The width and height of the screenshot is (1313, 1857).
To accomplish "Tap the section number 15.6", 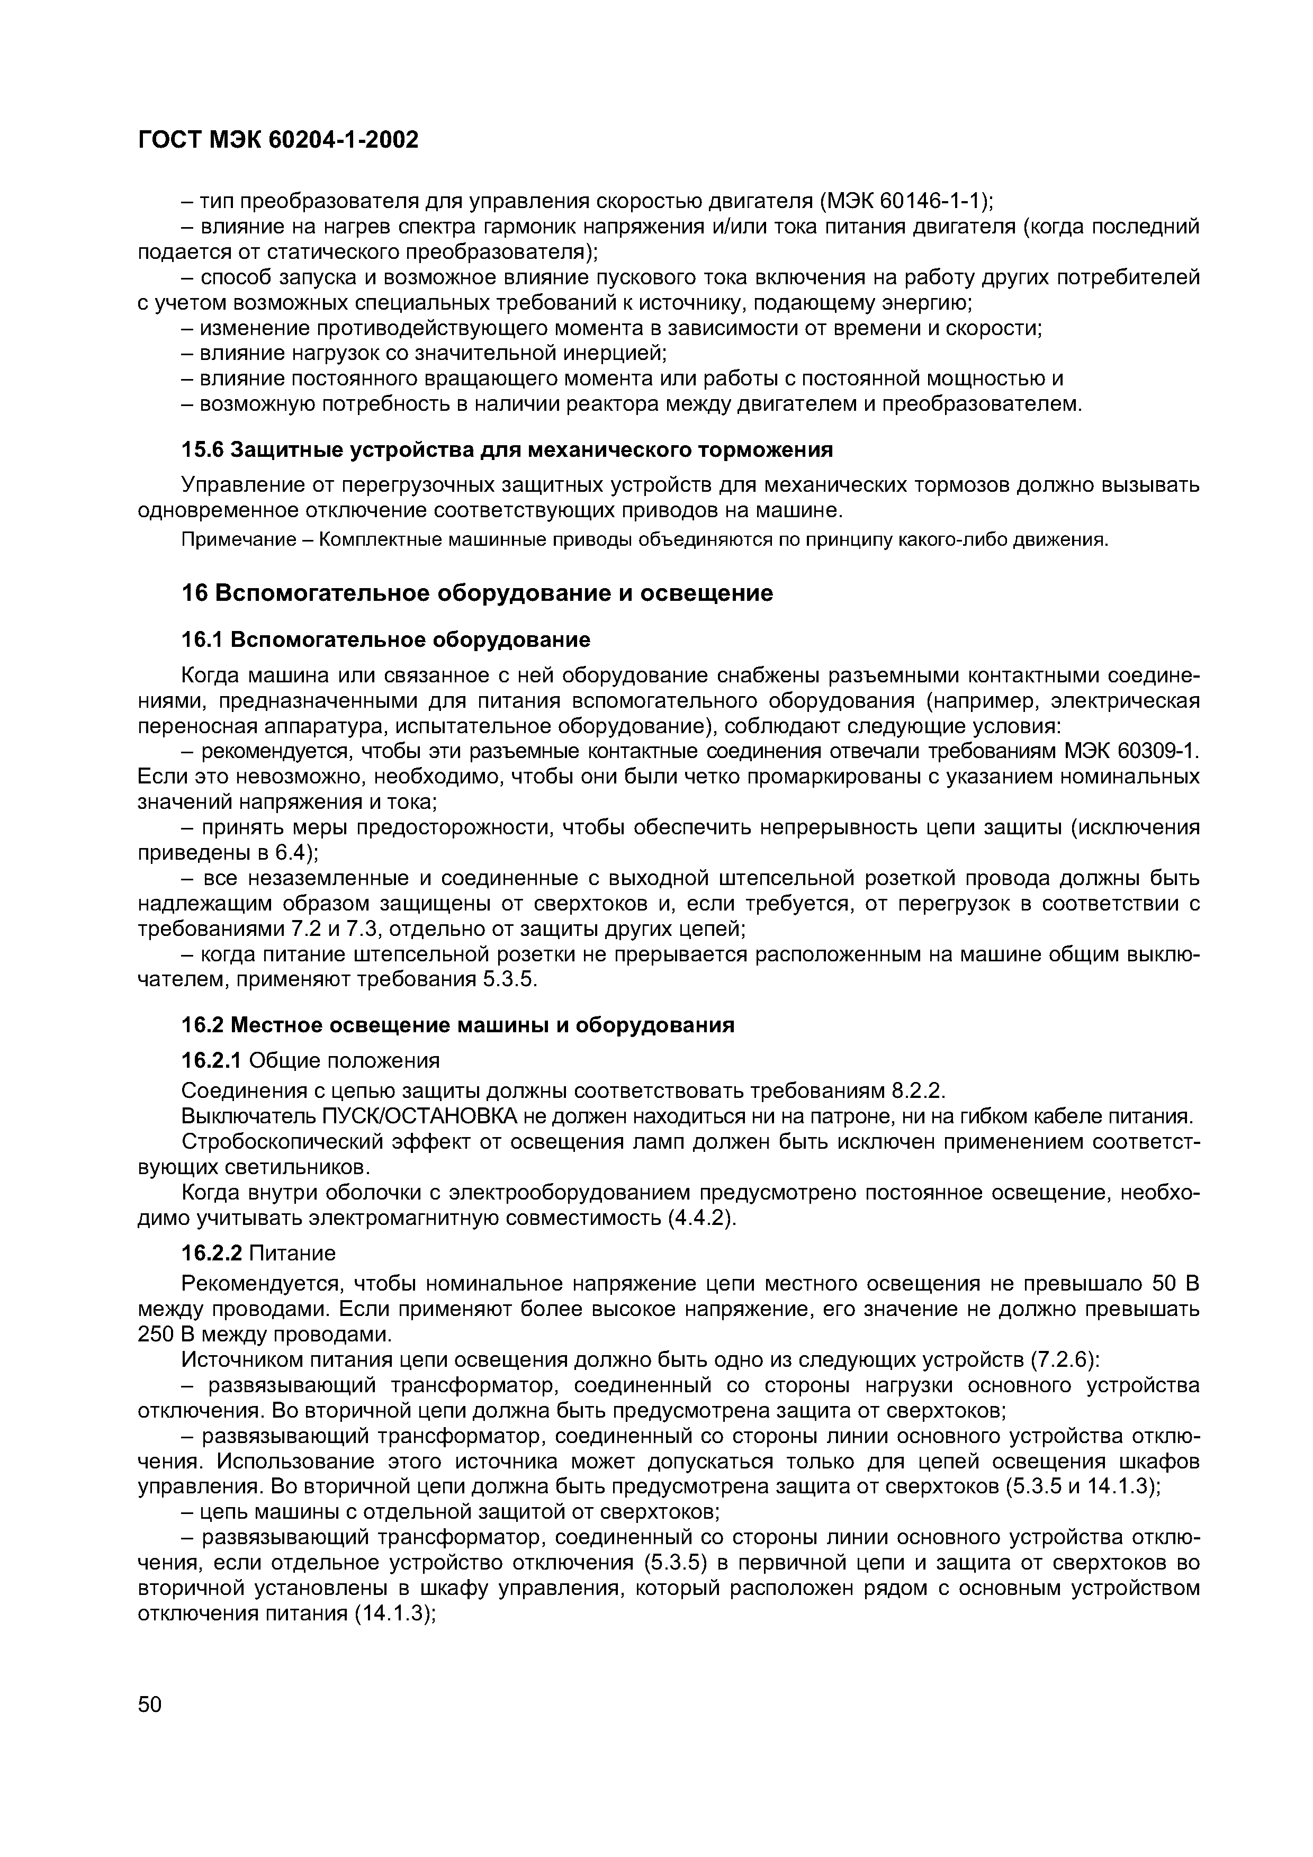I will click(x=201, y=449).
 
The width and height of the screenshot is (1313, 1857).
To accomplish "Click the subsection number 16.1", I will click(x=201, y=640).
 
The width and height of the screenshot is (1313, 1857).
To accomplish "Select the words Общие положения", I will click(x=345, y=1060).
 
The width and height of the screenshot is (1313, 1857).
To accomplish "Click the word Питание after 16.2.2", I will click(x=292, y=1254).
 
